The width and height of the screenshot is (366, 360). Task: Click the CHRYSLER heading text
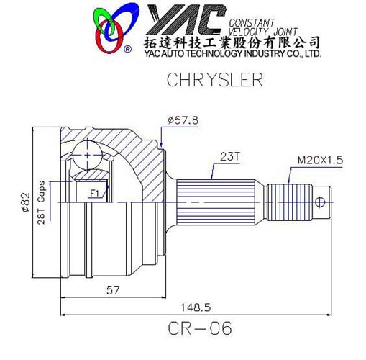[205, 79]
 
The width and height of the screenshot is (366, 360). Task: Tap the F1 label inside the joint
[94, 193]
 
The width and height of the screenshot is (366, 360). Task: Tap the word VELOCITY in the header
[249, 30]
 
